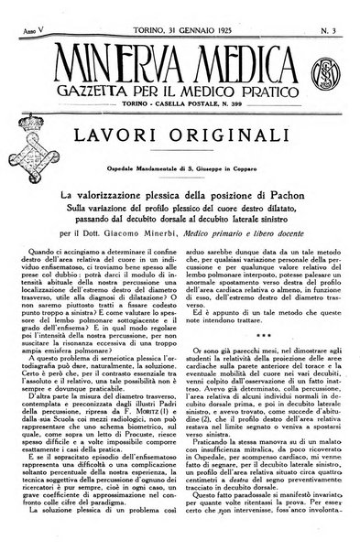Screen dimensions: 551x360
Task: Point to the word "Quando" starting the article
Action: click(49, 271)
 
